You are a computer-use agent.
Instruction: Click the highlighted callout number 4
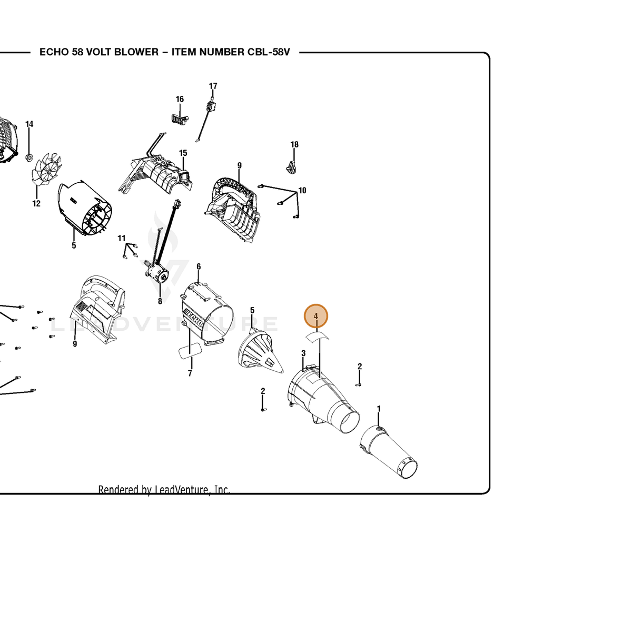315,316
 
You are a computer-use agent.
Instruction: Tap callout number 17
213,86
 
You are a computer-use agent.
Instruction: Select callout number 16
180,99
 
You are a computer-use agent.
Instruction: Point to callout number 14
29,124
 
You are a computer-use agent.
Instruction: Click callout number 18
294,144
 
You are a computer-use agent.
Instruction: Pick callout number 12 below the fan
36,204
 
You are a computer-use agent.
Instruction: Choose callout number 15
183,153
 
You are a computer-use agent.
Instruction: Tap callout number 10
302,191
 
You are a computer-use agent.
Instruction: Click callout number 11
122,239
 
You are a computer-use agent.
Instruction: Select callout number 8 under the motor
160,301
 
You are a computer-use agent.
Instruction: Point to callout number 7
190,373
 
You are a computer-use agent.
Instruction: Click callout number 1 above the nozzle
379,409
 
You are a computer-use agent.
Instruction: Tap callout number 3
303,353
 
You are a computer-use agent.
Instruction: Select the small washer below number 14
29,158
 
